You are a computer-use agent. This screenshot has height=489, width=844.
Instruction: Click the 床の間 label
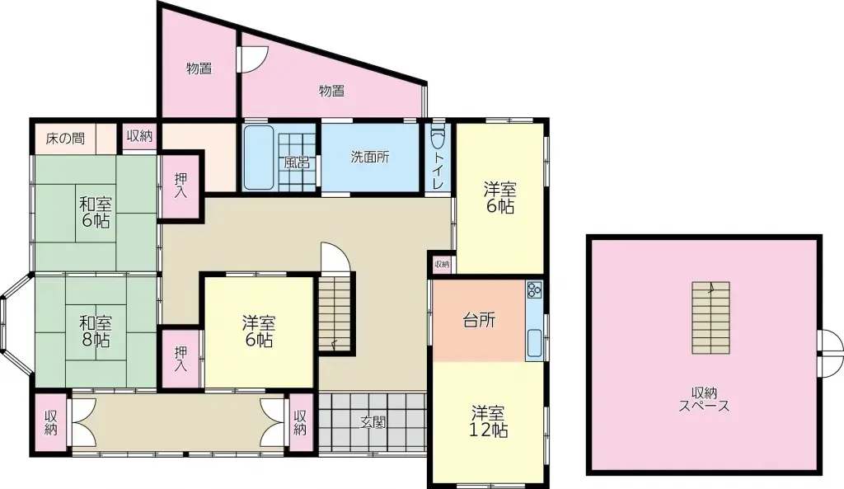[65, 139]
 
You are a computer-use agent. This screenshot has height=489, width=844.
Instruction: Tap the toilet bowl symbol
[438, 137]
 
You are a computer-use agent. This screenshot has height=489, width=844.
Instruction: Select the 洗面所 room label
[370, 157]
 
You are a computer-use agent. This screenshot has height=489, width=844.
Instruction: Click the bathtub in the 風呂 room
[258, 158]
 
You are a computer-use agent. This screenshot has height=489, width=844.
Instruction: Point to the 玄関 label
[373, 422]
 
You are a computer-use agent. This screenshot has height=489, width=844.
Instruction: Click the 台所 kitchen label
[479, 321]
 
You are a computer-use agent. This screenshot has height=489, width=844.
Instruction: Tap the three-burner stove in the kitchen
[534, 289]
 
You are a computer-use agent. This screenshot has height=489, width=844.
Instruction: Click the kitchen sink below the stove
[534, 343]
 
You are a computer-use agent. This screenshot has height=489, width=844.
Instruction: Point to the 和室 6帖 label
[96, 212]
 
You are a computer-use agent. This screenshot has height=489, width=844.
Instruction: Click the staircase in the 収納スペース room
[710, 317]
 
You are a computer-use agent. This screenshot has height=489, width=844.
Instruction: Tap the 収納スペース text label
[704, 399]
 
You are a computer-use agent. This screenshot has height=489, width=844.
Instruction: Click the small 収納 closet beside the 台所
[442, 264]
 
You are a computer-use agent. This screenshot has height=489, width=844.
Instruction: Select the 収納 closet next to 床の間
[139, 136]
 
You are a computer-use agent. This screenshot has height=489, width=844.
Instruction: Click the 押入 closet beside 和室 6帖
[181, 185]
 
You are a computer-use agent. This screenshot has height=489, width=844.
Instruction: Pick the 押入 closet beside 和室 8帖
[181, 358]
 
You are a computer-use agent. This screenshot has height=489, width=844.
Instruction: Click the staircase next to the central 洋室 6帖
[335, 313]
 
